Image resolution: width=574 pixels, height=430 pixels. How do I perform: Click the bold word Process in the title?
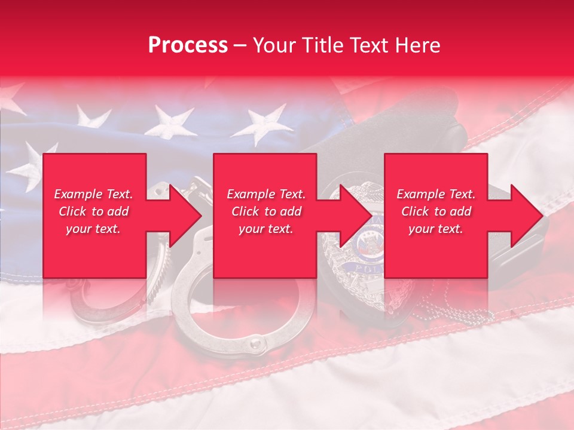(x=188, y=45)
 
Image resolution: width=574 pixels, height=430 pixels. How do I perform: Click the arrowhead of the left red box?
(x=185, y=216)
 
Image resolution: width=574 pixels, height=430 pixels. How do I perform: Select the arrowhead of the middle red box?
(x=356, y=216)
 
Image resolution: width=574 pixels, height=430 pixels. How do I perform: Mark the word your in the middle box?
(x=252, y=229)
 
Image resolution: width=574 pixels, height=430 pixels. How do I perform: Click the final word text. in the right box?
(x=451, y=229)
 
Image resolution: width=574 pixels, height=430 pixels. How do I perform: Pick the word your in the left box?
(x=79, y=229)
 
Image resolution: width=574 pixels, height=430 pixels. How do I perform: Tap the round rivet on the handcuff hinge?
(x=255, y=344)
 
